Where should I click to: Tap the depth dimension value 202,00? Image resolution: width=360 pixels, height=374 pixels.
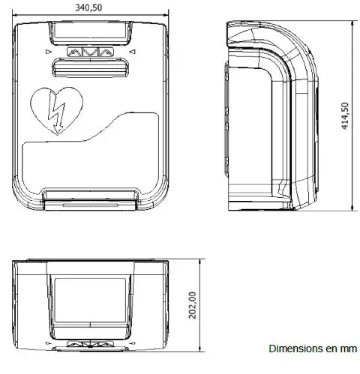pyautogui.click(x=192, y=305)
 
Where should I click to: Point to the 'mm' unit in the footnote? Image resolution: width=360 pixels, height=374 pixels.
pyautogui.click(x=349, y=349)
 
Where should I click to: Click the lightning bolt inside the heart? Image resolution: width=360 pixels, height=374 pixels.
pyautogui.click(x=55, y=112)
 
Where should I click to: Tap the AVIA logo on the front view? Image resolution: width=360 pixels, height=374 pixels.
pyautogui.click(x=89, y=53)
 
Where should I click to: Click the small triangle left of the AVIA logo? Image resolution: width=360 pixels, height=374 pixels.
pyautogui.click(x=46, y=52)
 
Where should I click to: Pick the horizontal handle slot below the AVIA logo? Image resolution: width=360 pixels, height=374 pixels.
pyautogui.click(x=89, y=68)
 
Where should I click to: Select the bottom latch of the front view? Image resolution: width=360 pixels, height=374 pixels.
pyautogui.click(x=89, y=199)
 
